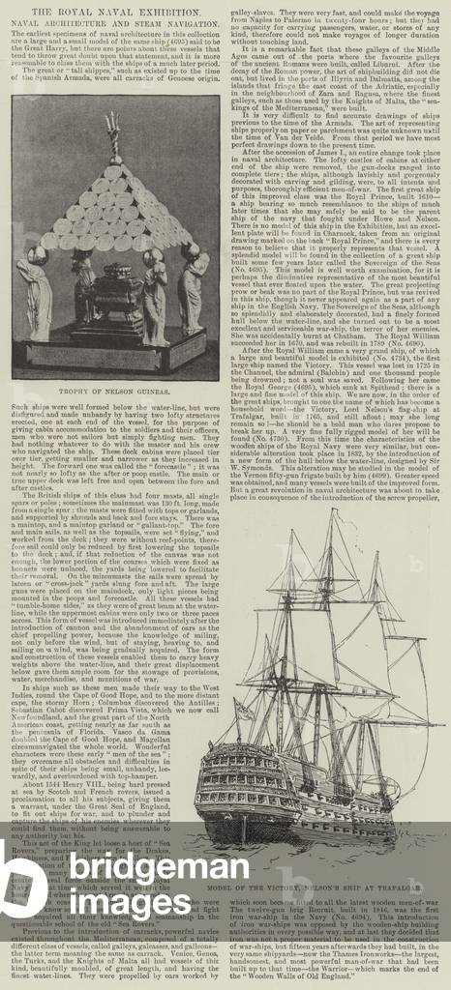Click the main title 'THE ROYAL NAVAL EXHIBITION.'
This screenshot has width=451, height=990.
pos(225,9)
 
